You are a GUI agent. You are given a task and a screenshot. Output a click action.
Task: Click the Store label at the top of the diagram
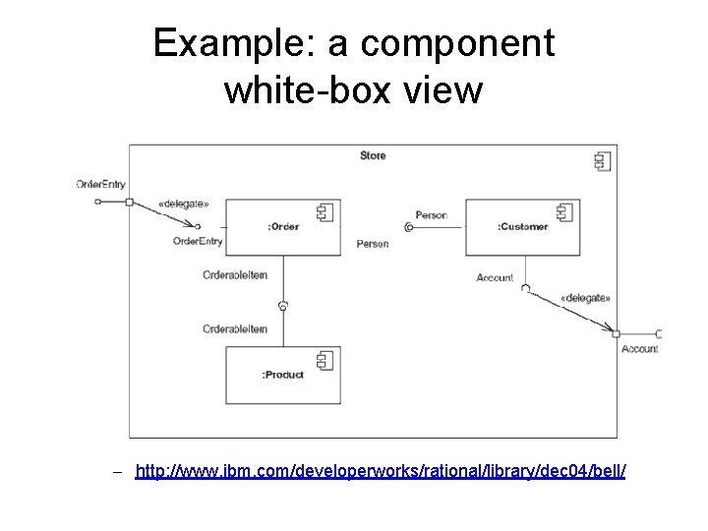[x=373, y=155]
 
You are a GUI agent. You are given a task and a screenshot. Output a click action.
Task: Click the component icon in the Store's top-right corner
[x=602, y=161]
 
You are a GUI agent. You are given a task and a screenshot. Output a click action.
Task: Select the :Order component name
[x=283, y=227]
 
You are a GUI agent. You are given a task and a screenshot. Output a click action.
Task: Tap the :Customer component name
[x=522, y=227]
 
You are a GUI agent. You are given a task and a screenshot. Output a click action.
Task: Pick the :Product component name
[x=283, y=375]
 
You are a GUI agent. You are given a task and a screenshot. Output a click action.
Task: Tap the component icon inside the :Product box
[x=324, y=361]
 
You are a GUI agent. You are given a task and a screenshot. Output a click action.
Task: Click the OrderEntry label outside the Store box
[x=100, y=184]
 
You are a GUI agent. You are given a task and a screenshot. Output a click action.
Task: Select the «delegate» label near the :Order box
[x=183, y=205]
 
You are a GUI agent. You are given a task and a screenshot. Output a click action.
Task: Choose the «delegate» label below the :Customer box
[x=585, y=298]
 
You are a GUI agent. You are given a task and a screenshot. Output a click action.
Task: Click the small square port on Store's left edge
[x=129, y=202]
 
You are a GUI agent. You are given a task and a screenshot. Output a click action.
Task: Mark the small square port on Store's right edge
[x=617, y=334]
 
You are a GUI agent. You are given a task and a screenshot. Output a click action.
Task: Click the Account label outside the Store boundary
[x=640, y=349]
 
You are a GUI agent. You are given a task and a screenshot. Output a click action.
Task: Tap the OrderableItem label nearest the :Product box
[x=235, y=329]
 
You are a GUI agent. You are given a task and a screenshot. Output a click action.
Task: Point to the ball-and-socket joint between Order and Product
[x=282, y=306]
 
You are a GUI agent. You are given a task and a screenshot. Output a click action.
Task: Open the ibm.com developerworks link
[x=380, y=472]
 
